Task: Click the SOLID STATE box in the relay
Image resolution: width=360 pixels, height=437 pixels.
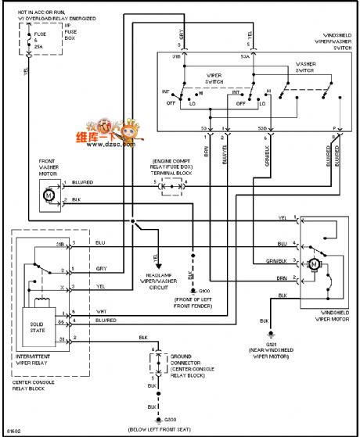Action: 38,324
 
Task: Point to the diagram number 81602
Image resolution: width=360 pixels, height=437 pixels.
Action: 13,429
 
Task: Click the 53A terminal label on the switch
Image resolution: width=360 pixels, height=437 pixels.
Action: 245,58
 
